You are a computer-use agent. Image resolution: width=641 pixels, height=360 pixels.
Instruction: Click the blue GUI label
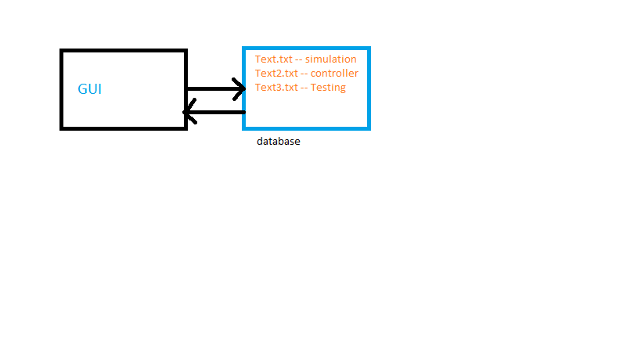click(x=89, y=89)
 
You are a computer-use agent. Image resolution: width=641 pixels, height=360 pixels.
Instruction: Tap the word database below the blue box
click(x=279, y=142)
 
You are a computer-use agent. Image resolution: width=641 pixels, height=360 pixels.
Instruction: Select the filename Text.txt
click(x=273, y=59)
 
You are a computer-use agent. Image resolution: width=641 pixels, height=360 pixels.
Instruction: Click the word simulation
click(x=331, y=59)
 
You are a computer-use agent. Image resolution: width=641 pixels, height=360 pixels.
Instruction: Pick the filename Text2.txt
click(x=276, y=73)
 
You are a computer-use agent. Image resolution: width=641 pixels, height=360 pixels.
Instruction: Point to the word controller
click(x=334, y=73)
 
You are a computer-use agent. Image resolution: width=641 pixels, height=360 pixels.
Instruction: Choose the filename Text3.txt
click(x=276, y=88)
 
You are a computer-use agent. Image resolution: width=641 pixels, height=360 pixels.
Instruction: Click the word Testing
click(x=328, y=88)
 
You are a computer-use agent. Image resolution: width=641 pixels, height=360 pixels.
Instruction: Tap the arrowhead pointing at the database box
click(x=239, y=88)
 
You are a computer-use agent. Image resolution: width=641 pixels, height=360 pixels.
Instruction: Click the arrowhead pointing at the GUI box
click(x=189, y=112)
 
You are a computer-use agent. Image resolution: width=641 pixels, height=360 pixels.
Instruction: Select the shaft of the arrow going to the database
click(x=215, y=88)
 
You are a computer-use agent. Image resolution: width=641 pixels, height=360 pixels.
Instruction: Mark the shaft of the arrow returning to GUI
click(x=215, y=112)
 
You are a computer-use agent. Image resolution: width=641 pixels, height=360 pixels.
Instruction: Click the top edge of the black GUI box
click(x=124, y=51)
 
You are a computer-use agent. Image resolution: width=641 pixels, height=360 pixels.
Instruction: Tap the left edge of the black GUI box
click(x=62, y=89)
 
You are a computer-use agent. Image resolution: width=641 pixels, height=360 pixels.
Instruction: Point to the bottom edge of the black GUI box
click(x=124, y=128)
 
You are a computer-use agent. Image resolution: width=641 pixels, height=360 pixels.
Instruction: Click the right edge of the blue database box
click(x=369, y=88)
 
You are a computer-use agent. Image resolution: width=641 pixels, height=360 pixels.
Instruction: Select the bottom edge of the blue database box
click(x=307, y=128)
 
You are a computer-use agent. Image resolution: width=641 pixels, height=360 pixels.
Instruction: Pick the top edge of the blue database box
click(x=307, y=49)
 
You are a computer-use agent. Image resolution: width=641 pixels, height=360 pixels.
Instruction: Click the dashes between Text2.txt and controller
click(x=304, y=74)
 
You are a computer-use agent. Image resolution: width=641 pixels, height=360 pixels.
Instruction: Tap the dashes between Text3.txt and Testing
click(x=304, y=88)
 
